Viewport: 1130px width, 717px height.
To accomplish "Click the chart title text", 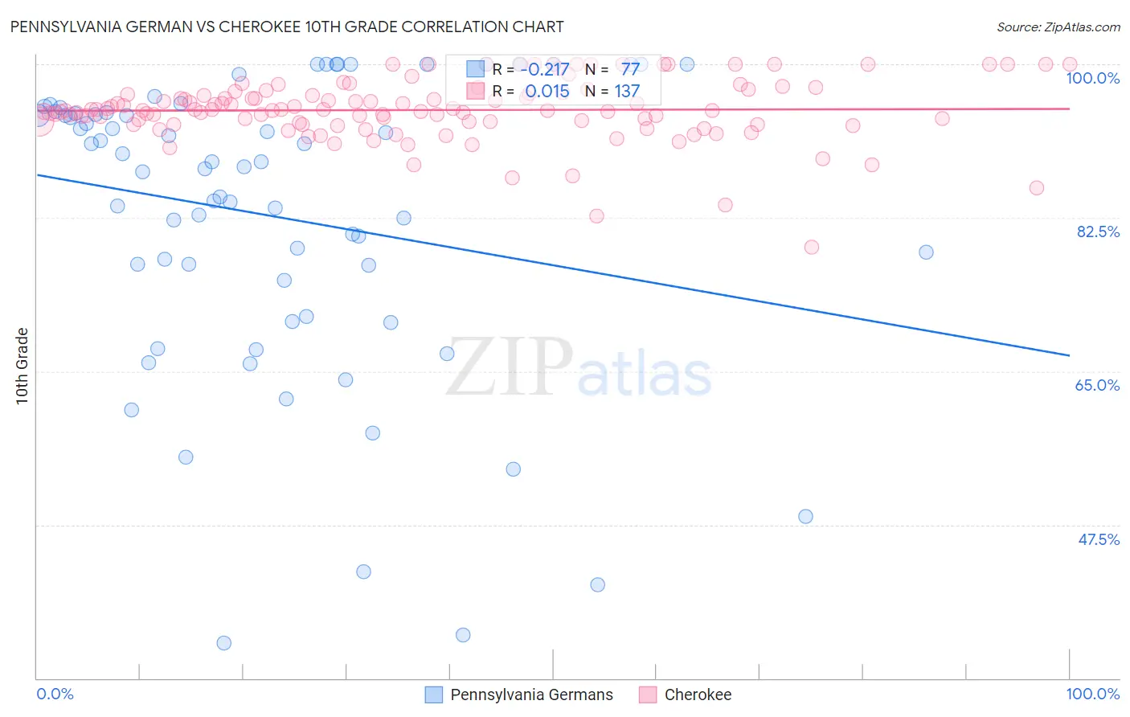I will (x=287, y=27).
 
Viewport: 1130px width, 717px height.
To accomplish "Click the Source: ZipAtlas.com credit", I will (x=1058, y=27).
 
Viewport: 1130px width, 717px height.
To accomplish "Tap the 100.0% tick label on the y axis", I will (x=1092, y=78).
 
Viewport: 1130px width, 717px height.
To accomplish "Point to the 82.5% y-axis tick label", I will (x=1098, y=231).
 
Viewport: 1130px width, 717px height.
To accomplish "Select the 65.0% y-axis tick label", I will (x=1097, y=385).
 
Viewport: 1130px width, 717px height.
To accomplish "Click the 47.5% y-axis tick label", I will (x=1098, y=539).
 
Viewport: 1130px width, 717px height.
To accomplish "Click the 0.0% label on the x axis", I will (x=55, y=694).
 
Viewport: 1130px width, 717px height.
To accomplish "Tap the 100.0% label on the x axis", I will (x=1092, y=694).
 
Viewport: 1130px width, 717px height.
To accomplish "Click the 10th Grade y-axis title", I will (x=23, y=366).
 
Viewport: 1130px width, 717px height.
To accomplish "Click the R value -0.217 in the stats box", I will (x=544, y=69).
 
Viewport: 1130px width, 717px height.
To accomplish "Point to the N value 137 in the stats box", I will (x=627, y=92).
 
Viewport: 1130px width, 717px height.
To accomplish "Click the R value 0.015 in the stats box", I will (x=547, y=92).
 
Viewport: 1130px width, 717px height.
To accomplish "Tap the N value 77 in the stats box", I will (x=630, y=69).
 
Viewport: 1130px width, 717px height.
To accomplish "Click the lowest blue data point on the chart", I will (x=224, y=643).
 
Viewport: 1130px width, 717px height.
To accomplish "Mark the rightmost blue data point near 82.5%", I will (x=926, y=252).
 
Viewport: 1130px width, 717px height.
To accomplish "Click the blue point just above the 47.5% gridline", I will (x=805, y=517).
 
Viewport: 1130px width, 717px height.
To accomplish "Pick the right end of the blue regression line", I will (x=1070, y=355).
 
